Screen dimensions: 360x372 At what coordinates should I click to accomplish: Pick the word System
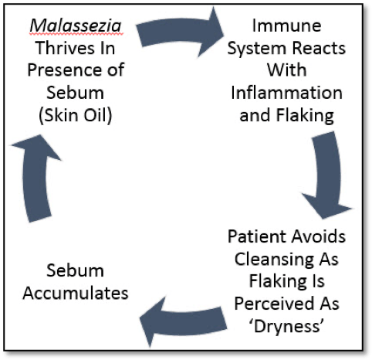click(x=262, y=56)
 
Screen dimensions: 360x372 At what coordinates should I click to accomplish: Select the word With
click(x=288, y=78)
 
